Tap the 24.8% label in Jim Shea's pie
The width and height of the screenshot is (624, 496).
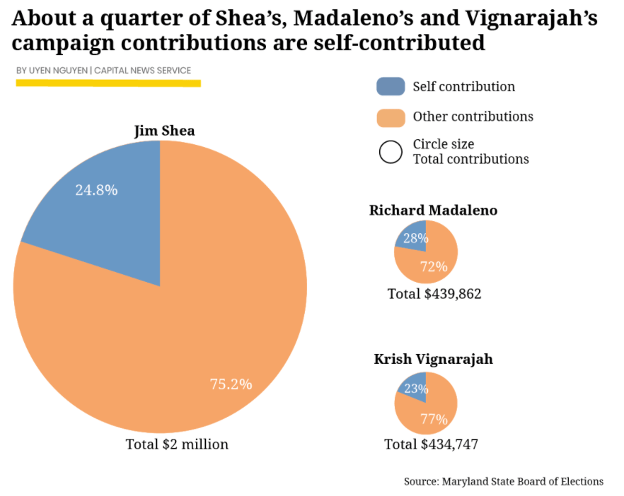(96, 190)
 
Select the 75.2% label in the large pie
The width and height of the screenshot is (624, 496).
(231, 384)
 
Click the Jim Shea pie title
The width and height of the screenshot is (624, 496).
(164, 131)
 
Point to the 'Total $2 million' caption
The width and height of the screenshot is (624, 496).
(177, 444)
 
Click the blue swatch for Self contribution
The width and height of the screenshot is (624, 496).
(391, 86)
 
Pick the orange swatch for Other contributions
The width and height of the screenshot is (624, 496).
(391, 117)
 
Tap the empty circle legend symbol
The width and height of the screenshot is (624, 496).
(391, 152)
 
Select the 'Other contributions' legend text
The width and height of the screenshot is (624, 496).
(473, 117)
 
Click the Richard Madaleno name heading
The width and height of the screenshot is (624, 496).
(433, 211)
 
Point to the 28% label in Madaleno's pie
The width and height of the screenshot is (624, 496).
(415, 239)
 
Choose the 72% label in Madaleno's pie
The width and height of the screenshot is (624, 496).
(434, 266)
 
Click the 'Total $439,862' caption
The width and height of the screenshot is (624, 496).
(434, 294)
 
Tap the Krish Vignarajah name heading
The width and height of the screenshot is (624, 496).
(433, 360)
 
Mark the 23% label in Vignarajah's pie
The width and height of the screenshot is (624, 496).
(416, 389)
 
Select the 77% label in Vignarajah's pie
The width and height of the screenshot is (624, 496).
(434, 419)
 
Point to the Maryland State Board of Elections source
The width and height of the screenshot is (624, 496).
(504, 481)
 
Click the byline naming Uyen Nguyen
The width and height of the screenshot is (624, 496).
(103, 71)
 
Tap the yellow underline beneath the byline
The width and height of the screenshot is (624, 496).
(108, 83)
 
